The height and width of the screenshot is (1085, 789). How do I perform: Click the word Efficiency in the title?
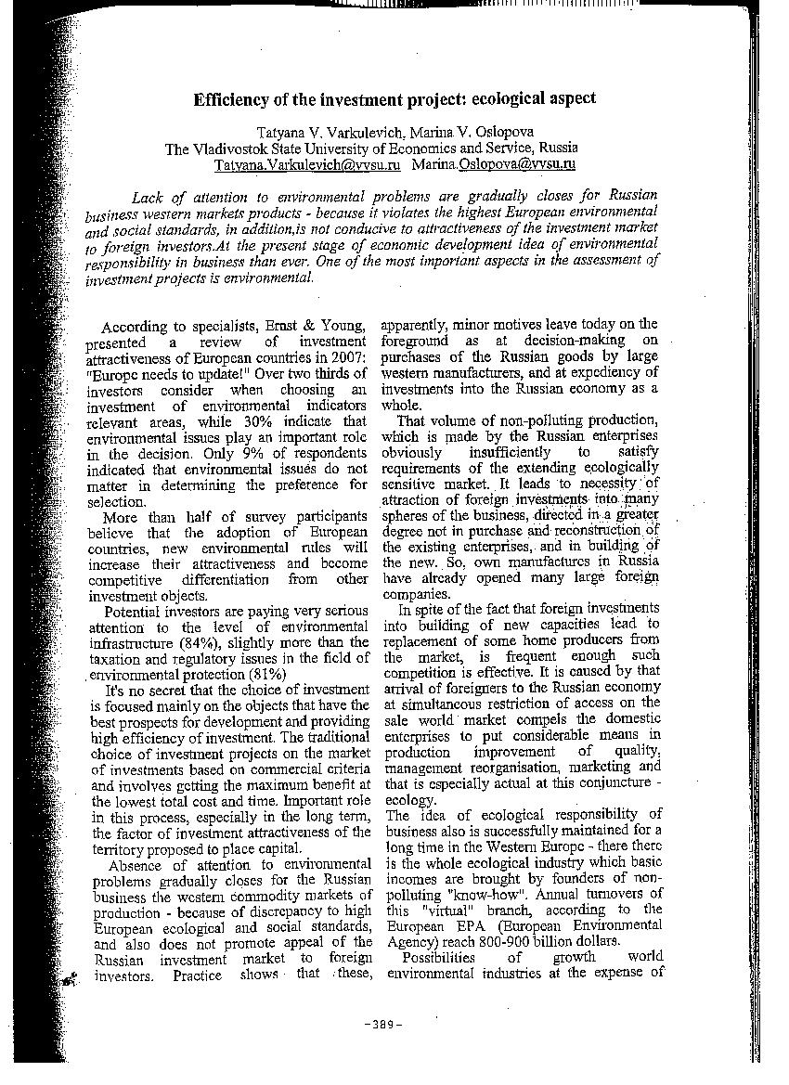click(229, 98)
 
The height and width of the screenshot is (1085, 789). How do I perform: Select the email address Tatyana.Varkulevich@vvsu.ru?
click(306, 164)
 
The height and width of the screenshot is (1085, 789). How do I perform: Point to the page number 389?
click(383, 1025)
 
